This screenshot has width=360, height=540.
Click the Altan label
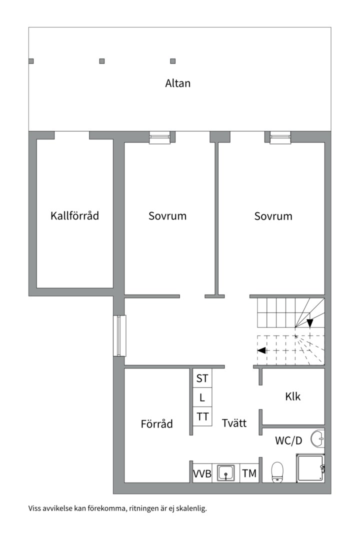(x=178, y=83)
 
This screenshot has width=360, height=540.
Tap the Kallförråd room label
(x=75, y=215)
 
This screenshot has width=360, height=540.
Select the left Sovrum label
(x=167, y=216)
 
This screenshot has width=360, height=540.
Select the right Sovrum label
(x=273, y=216)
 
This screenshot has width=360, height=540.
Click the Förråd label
(x=156, y=423)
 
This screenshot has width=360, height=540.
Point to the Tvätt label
(x=234, y=422)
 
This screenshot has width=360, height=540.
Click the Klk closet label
(x=293, y=396)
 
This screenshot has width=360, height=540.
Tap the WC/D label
(x=288, y=440)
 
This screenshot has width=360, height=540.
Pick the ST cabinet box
(x=202, y=378)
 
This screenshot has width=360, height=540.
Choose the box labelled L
(x=202, y=397)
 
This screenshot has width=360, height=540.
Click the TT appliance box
(x=202, y=416)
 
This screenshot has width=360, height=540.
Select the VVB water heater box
(x=202, y=473)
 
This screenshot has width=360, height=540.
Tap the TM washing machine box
(x=249, y=473)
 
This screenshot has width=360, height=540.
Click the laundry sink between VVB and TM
(x=226, y=473)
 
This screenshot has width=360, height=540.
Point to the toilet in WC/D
(x=277, y=472)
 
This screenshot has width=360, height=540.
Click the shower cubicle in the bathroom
(x=310, y=467)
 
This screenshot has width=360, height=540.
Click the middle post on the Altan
(x=102, y=61)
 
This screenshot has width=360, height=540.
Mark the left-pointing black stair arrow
(x=261, y=350)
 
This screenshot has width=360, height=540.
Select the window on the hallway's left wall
(x=119, y=336)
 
